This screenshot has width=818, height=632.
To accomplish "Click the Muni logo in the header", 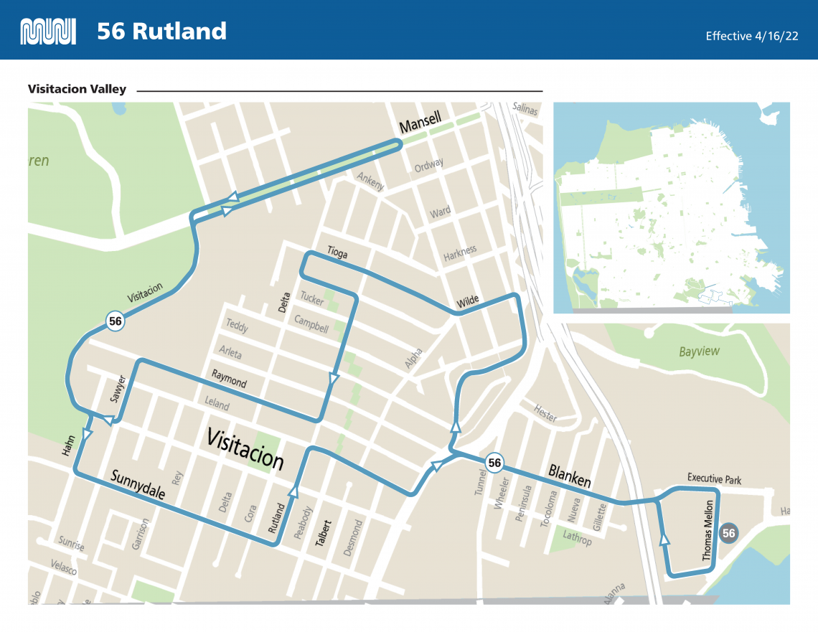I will (48, 32).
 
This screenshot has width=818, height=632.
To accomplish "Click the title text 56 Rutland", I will (161, 32).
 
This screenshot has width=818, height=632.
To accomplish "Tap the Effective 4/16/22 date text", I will (751, 36).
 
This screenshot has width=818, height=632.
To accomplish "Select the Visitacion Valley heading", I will (77, 90).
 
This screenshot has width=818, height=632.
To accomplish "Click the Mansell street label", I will (420, 123).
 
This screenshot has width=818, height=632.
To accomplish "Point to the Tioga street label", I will (337, 252).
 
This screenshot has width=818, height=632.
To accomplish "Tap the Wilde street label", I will (467, 301).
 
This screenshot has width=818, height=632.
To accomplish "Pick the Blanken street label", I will (569, 476).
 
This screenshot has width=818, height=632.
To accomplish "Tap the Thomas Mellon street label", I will (708, 532).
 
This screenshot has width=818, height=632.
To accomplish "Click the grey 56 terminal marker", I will (729, 533).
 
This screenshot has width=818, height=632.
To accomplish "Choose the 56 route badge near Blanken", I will (494, 463).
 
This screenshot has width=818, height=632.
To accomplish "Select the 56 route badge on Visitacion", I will (116, 321).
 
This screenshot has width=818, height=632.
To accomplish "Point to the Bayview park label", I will (699, 352).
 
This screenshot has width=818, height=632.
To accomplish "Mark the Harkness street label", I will (459, 253).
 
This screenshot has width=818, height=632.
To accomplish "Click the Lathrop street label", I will (577, 537).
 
